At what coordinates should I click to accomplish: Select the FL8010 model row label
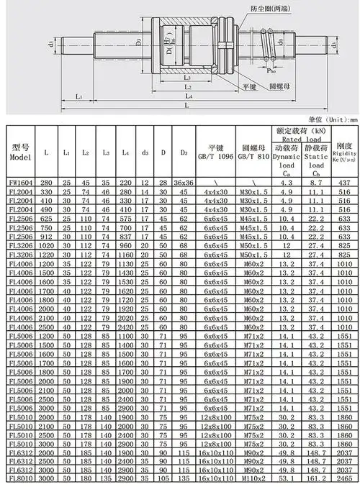pos(19,478)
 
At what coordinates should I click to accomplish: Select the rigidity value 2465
pos(344,478)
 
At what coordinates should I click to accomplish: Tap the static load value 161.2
pos(317,478)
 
